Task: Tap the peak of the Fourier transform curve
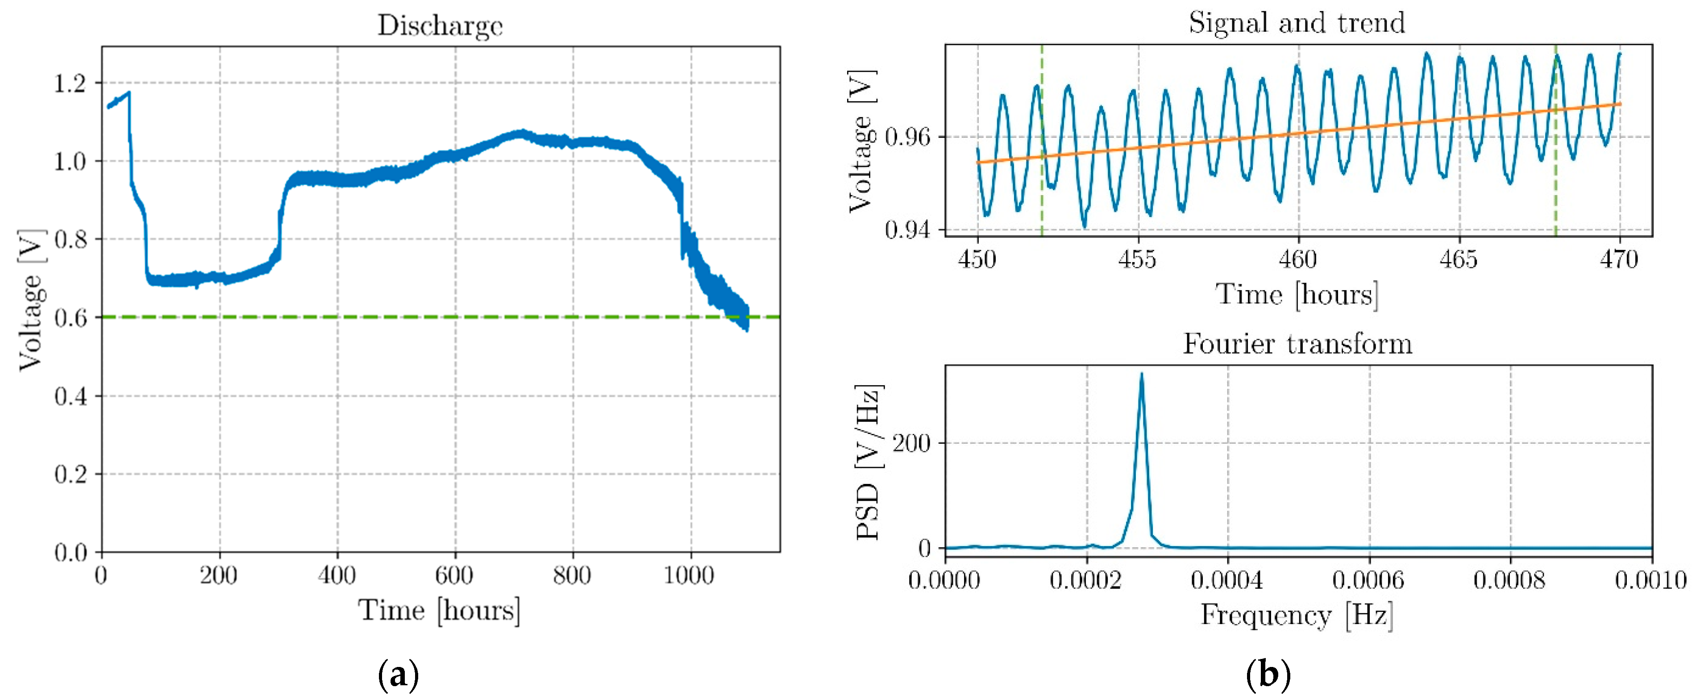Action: pyautogui.click(x=1142, y=375)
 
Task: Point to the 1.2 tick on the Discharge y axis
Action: pyautogui.click(x=71, y=83)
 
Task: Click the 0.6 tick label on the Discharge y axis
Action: pyautogui.click(x=71, y=318)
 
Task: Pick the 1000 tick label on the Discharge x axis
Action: pyautogui.click(x=689, y=575)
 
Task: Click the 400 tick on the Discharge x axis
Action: pyautogui.click(x=337, y=575)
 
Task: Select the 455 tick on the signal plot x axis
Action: pyautogui.click(x=1137, y=259)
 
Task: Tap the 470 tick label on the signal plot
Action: pyautogui.click(x=1619, y=259)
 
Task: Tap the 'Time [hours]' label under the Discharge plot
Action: pyautogui.click(x=439, y=610)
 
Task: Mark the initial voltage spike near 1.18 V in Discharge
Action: pyautogui.click(x=129, y=93)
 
